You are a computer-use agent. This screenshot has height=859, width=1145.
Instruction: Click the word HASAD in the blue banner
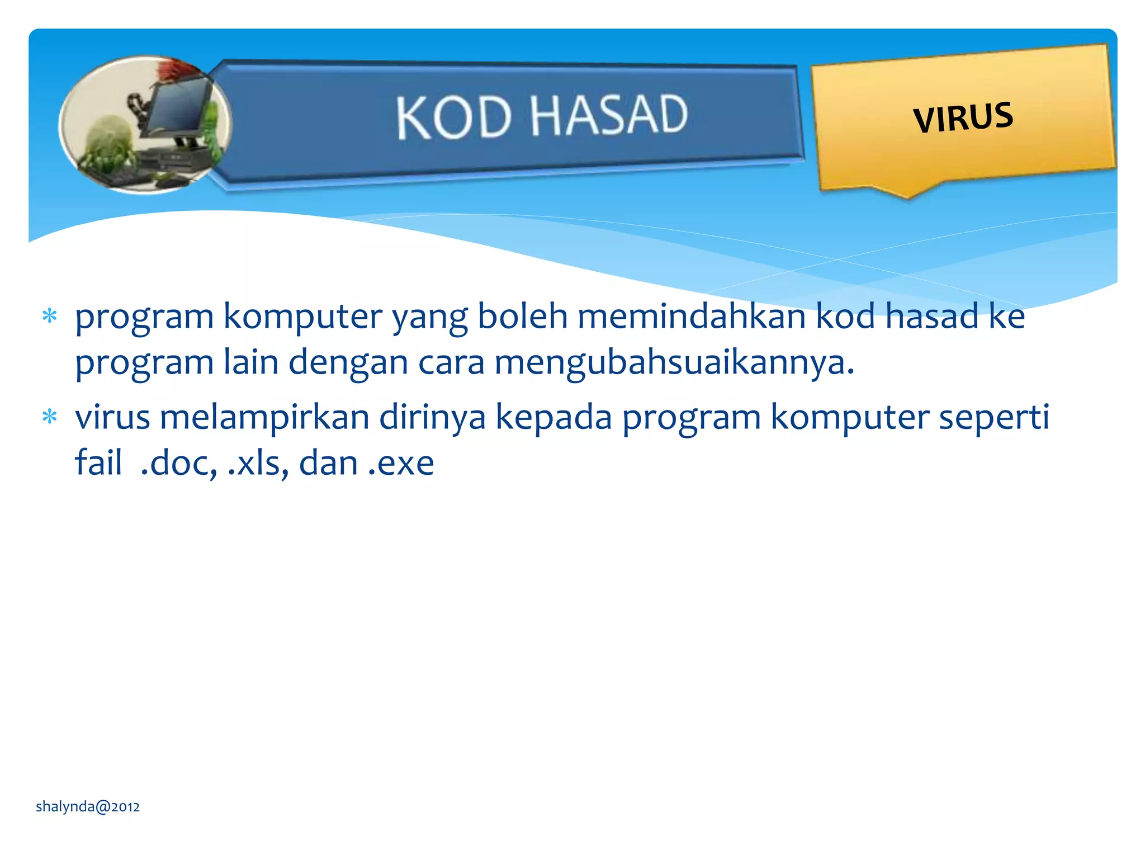[x=608, y=115]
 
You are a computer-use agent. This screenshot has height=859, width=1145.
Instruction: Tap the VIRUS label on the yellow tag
[x=963, y=117]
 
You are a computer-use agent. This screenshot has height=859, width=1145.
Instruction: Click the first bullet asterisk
[x=50, y=317]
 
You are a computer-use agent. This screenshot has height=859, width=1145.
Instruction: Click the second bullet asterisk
[x=50, y=417]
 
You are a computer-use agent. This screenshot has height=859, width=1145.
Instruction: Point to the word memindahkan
[x=691, y=316]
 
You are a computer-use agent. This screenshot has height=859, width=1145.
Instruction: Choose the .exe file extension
[x=401, y=463]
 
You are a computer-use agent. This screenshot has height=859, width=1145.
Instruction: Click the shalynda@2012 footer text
[x=88, y=806]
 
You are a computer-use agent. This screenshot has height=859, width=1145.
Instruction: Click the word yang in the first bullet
[x=429, y=317]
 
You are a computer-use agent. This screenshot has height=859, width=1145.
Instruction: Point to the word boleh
[x=522, y=316]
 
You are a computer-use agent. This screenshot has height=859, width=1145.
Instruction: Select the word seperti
[x=993, y=417]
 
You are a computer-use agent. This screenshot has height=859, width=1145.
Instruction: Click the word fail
[x=98, y=462]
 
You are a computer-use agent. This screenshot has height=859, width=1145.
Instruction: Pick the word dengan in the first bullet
[x=348, y=363]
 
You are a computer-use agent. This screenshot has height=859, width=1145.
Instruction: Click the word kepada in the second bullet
[x=553, y=417]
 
